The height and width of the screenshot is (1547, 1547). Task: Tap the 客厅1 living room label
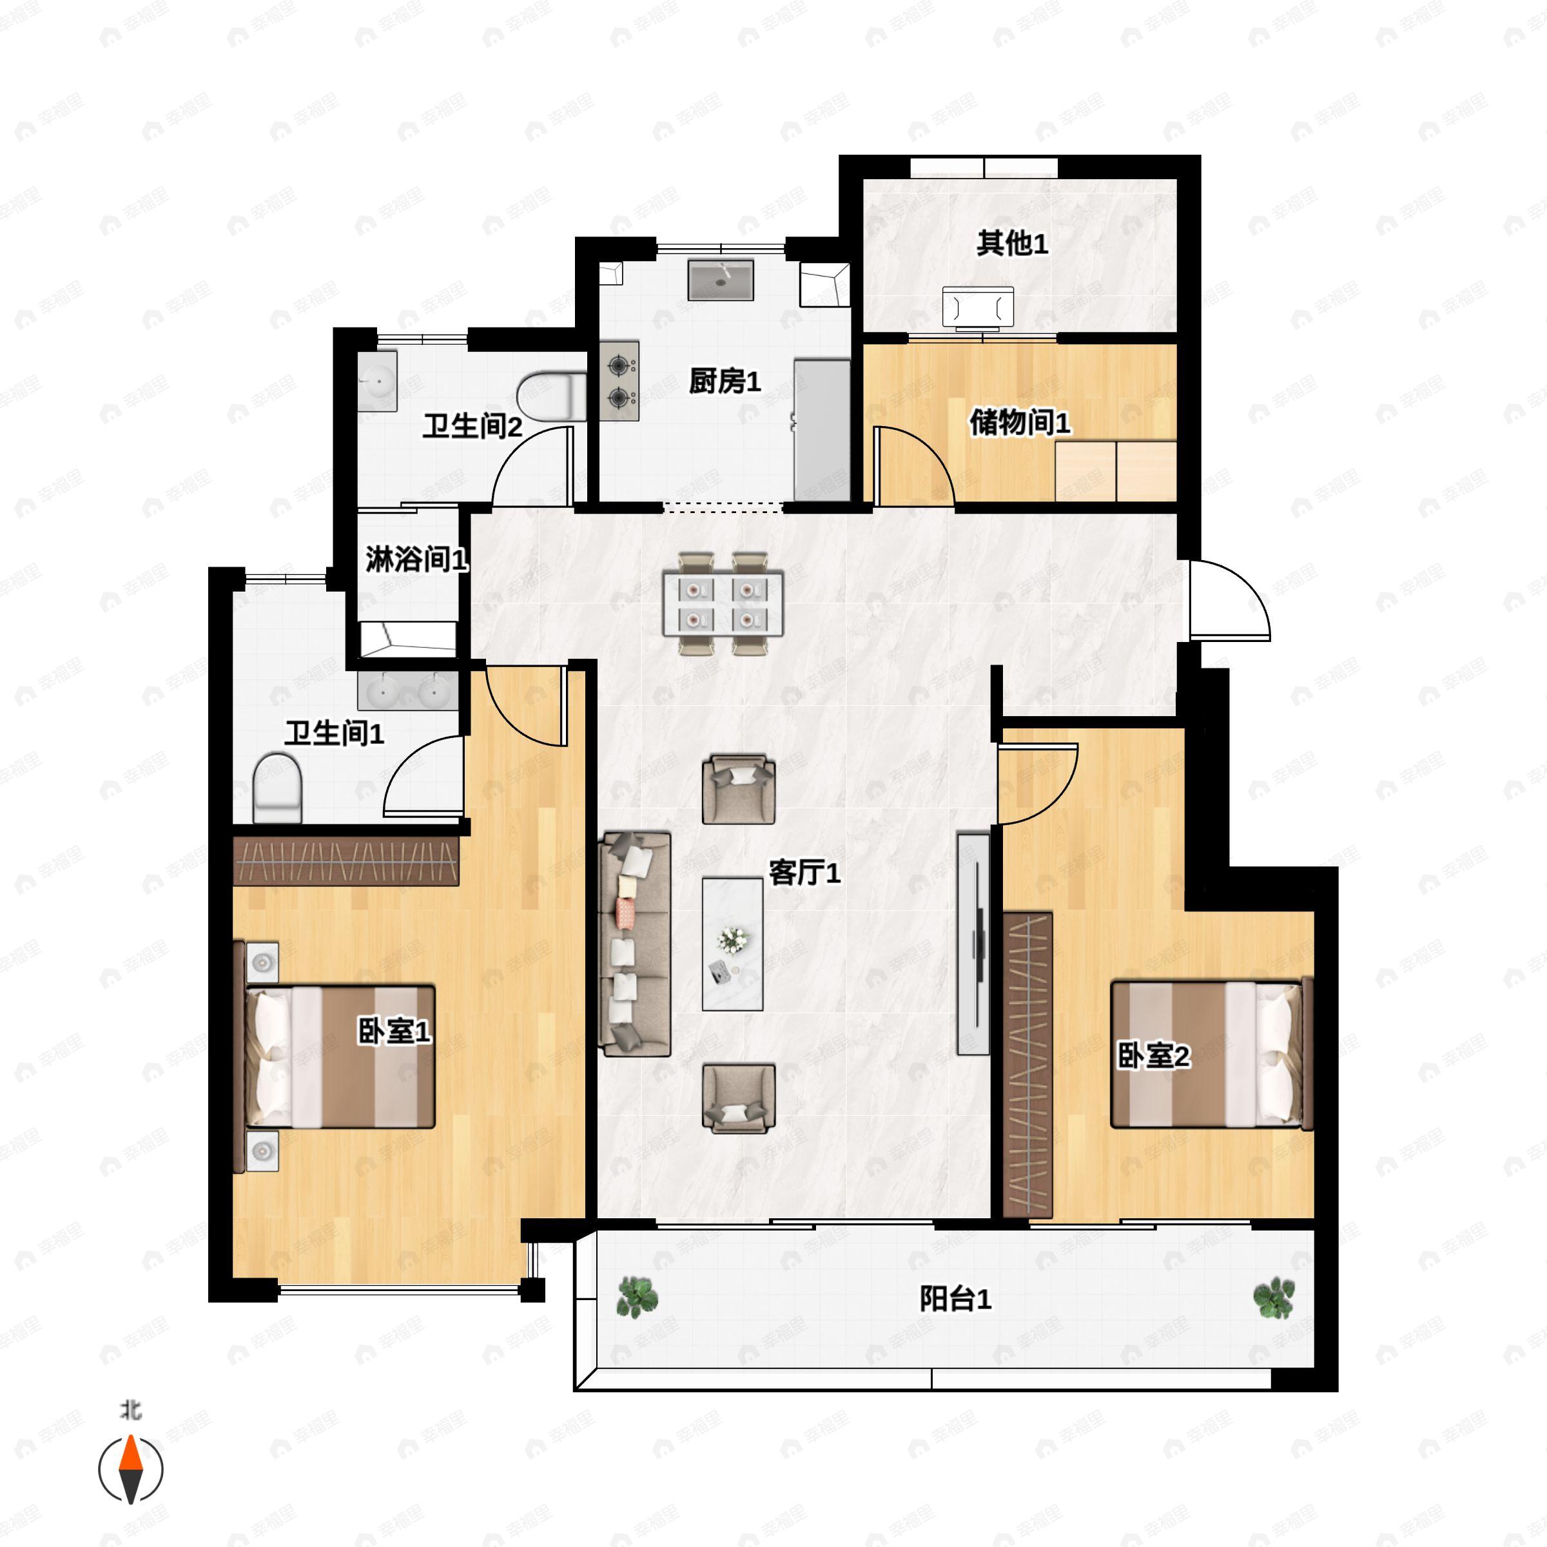(804, 873)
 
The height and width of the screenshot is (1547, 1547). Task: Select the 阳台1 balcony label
(955, 1299)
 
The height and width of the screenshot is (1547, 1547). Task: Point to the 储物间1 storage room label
(1019, 422)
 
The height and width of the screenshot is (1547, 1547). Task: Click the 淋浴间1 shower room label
(416, 559)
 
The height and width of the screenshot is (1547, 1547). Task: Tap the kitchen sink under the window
(721, 280)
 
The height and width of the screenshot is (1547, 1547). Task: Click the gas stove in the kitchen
(619, 381)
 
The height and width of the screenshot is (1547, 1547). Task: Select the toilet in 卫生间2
(552, 396)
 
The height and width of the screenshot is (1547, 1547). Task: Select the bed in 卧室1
(336, 1056)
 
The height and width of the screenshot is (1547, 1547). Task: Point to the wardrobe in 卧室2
(1028, 1065)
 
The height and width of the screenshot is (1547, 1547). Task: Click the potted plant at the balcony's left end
(637, 1297)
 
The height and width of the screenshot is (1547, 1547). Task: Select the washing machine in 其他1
(978, 307)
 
